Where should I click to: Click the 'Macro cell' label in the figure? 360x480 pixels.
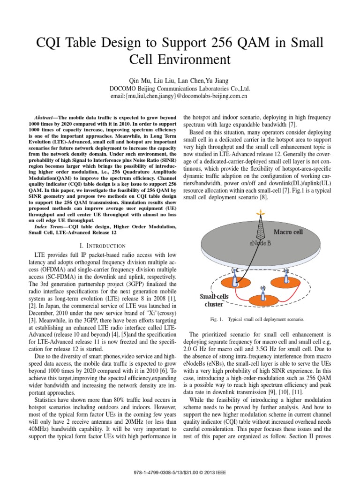[288, 232]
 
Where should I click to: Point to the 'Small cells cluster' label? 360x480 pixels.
[214, 300]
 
